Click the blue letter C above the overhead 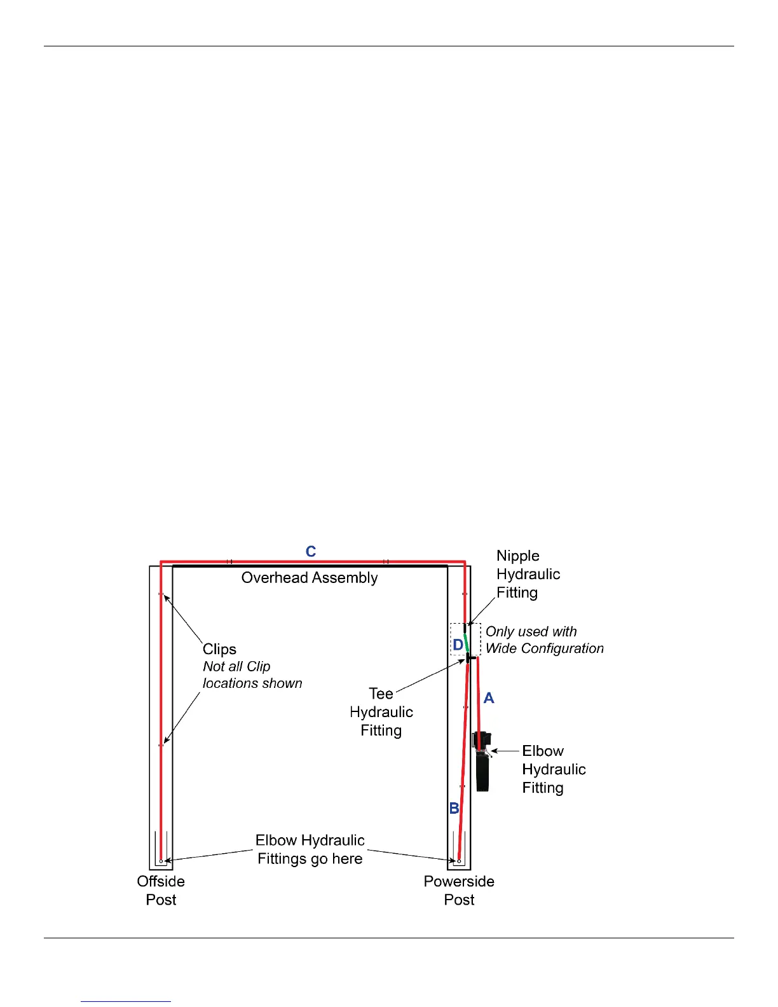pos(310,551)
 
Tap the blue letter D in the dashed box pos(458,645)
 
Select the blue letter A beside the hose pos(488,698)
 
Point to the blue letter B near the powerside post pos(454,808)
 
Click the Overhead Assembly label pos(310,578)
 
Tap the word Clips pos(219,649)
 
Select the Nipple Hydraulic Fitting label pos(528,574)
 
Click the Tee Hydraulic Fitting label pos(381,712)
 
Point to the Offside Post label pos(161,890)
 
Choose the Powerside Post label pos(459,890)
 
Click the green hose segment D pos(466,643)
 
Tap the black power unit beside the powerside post pos(482,766)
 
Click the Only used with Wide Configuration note pos(545,640)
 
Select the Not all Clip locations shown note pos(252,675)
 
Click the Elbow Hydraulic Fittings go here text pos(310,849)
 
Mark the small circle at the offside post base pos(161,861)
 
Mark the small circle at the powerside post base pos(459,861)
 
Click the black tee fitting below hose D pos(470,657)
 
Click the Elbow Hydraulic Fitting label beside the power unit pos(554,769)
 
